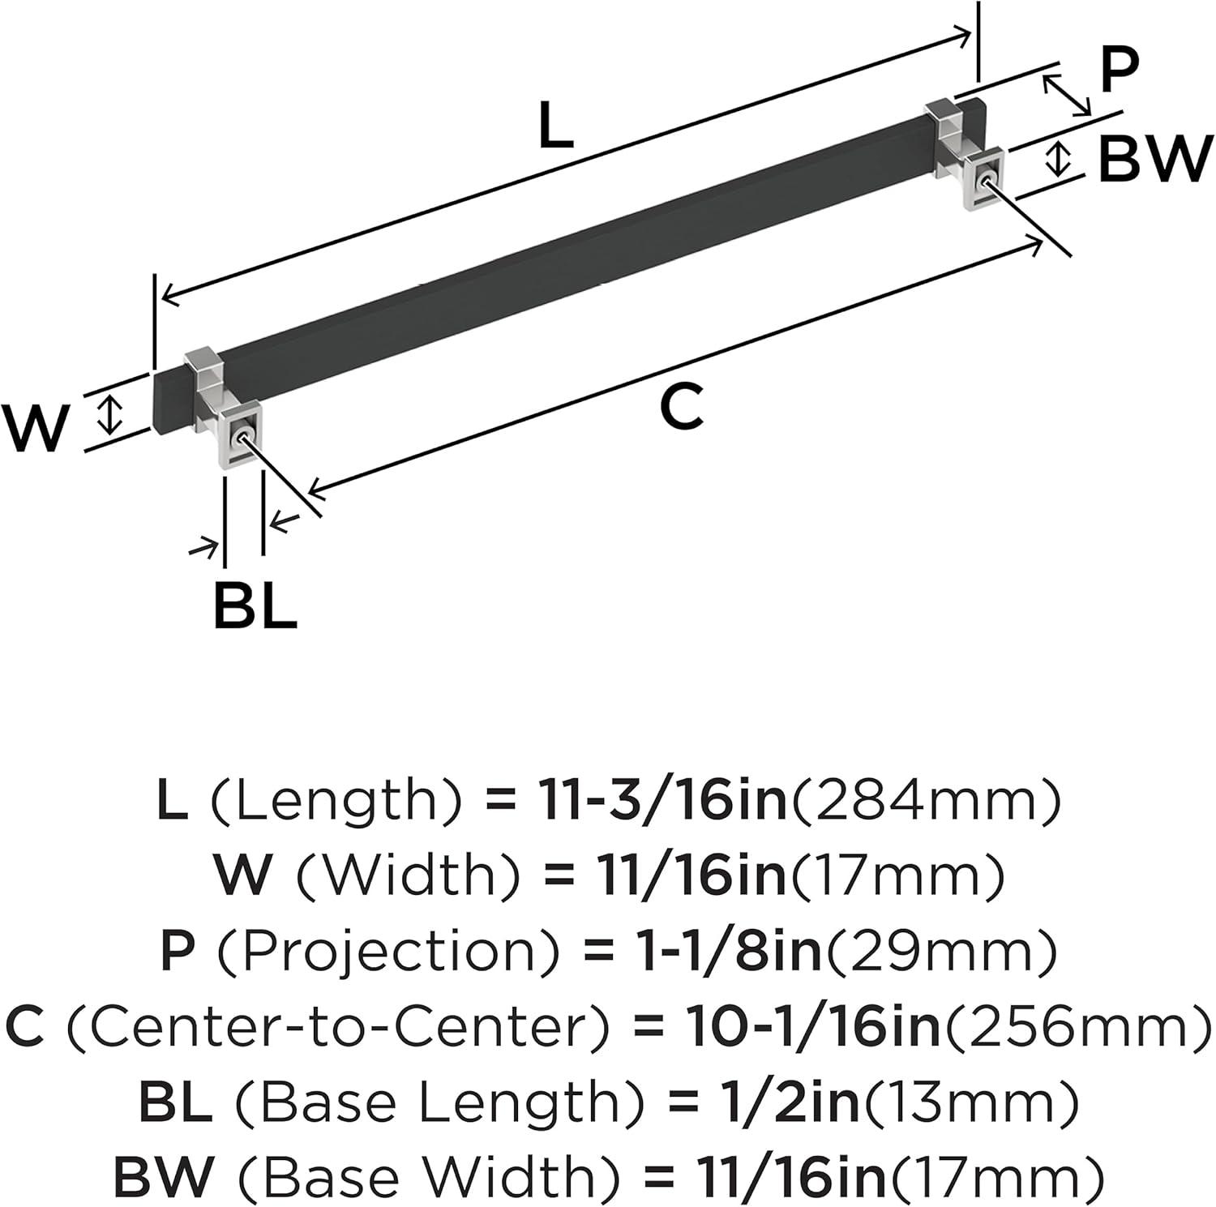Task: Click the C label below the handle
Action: click(681, 407)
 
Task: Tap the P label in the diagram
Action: click(1120, 71)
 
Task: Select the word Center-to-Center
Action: click(337, 1028)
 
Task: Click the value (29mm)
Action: click(940, 952)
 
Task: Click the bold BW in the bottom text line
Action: click(163, 1179)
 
